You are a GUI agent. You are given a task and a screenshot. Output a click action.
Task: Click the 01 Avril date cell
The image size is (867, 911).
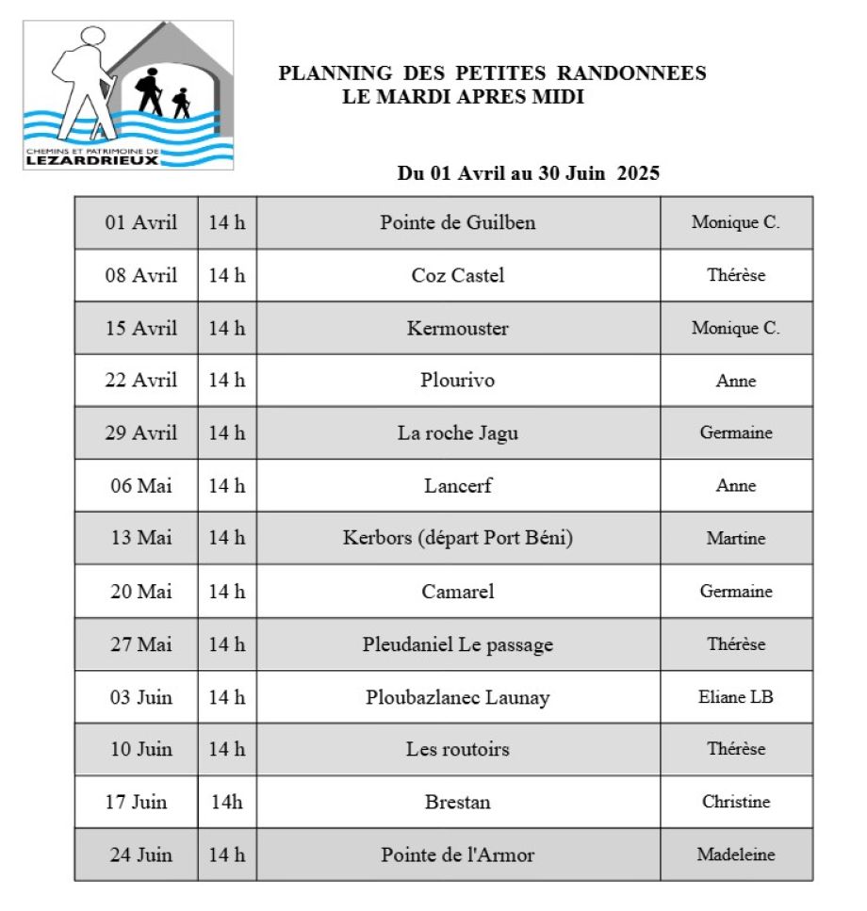coord(140,223)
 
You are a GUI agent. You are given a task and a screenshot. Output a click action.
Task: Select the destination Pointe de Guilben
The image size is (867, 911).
coord(458,223)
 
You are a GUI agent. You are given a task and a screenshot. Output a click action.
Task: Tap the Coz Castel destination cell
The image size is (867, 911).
coord(458,276)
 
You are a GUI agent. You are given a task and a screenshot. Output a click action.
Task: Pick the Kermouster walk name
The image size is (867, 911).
coord(458,329)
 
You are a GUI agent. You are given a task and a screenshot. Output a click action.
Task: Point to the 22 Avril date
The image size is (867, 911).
coord(140,381)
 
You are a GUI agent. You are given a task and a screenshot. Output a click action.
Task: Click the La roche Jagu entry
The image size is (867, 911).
coord(458,433)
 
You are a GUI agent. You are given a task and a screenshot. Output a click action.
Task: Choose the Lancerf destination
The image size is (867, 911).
coord(458,486)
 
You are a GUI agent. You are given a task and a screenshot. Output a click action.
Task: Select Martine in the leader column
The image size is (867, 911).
coord(736,539)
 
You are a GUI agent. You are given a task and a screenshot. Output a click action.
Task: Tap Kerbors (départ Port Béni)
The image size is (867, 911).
coord(458,539)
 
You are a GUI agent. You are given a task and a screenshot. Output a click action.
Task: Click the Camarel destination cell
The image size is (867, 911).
coord(458,592)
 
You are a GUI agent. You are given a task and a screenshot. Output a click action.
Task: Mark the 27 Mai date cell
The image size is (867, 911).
coord(140,644)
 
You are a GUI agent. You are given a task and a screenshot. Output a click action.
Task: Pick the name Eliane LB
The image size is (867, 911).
coord(736,698)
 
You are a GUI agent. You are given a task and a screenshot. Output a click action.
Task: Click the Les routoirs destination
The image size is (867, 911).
coord(458,750)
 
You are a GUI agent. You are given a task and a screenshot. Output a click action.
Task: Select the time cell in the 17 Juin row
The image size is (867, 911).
coord(226,803)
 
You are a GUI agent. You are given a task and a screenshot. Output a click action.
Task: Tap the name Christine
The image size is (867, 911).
coord(736,803)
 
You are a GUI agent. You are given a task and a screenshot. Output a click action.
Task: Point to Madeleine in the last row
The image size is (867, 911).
coord(736,855)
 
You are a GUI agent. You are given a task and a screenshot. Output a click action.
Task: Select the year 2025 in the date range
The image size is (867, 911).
coord(638,173)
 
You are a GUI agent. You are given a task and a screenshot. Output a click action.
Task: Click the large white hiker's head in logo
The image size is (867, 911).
coord(91,39)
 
